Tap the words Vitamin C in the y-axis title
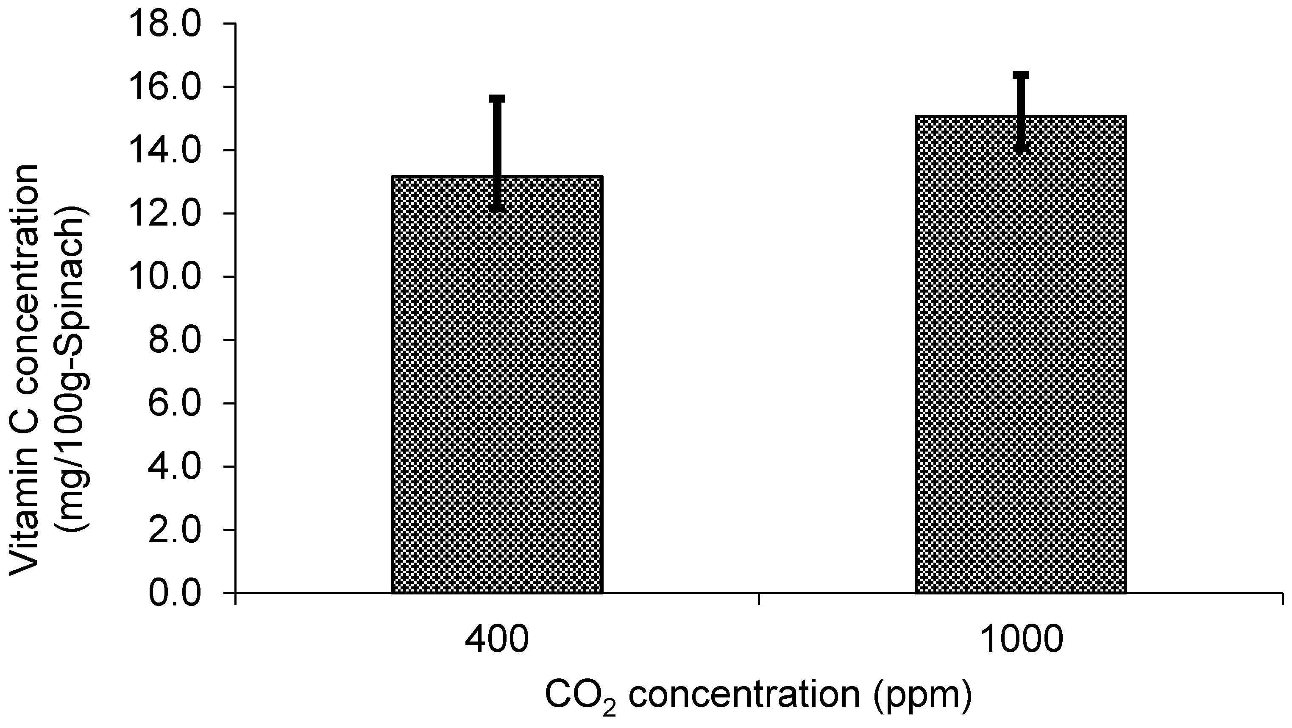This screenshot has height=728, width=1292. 25,507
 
